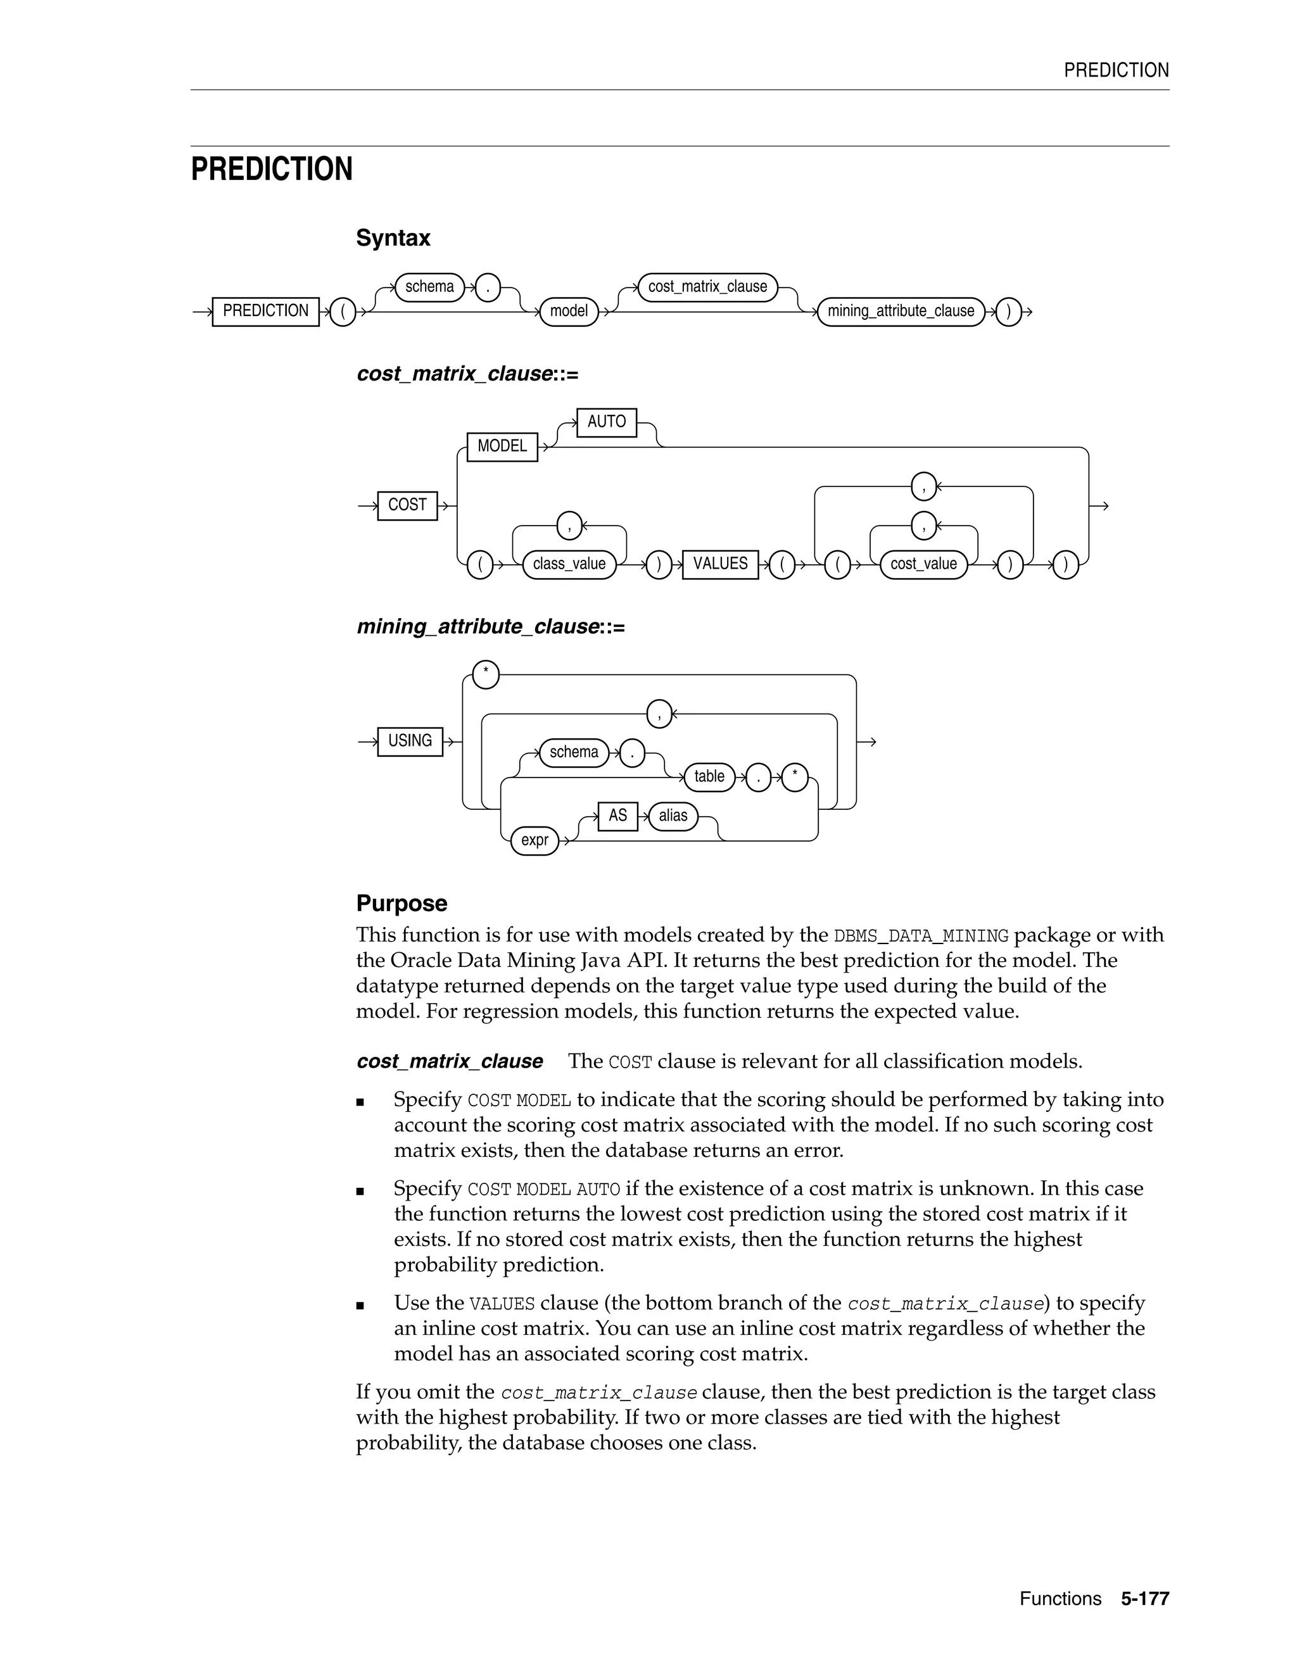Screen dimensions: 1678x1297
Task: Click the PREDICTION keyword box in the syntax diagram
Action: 265,311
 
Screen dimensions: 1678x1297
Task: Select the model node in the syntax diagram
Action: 569,311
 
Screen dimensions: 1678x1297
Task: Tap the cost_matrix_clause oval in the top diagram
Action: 707,287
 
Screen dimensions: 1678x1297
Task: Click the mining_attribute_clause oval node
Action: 901,311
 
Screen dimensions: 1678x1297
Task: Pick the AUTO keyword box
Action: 606,422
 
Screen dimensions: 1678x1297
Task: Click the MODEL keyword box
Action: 502,446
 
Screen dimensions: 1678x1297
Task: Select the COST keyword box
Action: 407,505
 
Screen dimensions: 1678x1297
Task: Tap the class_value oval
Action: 569,564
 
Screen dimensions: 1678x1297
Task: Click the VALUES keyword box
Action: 720,564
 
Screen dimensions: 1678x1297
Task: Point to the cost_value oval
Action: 923,564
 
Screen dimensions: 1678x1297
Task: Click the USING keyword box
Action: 410,741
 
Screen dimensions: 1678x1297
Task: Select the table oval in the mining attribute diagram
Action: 709,777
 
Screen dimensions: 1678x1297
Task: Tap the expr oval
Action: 534,840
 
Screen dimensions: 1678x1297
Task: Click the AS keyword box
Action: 617,815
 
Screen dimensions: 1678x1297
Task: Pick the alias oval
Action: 673,815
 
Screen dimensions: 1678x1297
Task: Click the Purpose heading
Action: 401,903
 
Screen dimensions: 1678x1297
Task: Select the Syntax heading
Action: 393,238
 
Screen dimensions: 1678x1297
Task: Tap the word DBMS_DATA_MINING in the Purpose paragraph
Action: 920,936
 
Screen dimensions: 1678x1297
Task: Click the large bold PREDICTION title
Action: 271,169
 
